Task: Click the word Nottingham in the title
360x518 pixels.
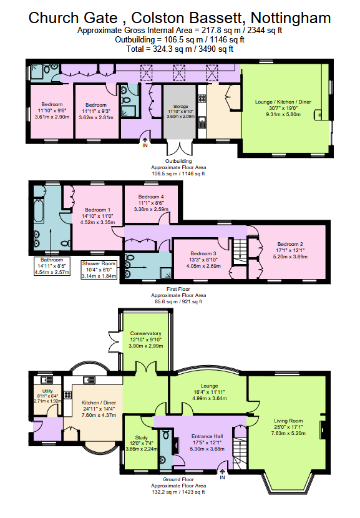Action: coord(291,18)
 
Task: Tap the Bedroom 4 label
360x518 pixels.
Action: coord(151,197)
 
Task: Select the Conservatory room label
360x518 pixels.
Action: coord(145,333)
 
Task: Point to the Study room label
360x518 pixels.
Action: coord(142,437)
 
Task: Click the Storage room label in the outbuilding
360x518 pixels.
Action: coord(180,106)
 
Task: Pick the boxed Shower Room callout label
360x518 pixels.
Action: coord(99,270)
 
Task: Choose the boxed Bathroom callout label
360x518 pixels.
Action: coord(52,266)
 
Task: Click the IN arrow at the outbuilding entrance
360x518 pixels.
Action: coord(145,142)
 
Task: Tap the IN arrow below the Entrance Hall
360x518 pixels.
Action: coord(222,474)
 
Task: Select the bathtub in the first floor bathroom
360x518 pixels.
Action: coord(39,212)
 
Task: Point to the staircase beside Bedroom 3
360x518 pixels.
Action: coord(240,252)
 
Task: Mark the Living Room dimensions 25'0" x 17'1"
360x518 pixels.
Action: coord(288,427)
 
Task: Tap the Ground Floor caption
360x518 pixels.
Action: coord(178,479)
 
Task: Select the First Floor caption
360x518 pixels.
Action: coord(178,289)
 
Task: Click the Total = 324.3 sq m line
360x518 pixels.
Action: coord(180,49)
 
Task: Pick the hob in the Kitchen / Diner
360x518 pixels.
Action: coord(68,395)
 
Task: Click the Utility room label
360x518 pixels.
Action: coord(48,391)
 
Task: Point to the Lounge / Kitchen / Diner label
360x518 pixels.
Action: coord(283,102)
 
